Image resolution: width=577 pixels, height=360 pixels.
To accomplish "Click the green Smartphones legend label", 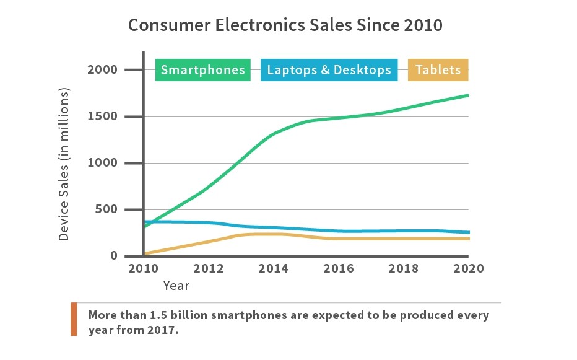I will click(x=202, y=69).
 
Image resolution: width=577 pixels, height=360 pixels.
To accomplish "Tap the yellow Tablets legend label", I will click(x=438, y=69).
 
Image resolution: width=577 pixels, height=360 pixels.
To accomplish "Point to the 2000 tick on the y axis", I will click(x=103, y=70).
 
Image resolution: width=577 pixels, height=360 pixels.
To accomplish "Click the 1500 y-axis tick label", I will click(x=103, y=116).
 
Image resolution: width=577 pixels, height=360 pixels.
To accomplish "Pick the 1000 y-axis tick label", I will click(x=103, y=163).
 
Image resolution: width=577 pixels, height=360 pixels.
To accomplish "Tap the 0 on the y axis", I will click(x=114, y=256).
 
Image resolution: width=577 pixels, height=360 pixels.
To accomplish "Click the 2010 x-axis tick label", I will click(x=143, y=269).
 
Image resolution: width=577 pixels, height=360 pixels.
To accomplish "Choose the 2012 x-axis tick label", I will click(x=208, y=269).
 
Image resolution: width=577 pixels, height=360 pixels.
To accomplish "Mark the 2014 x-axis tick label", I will click(x=273, y=269).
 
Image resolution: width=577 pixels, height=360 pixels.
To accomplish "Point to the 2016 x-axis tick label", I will click(x=338, y=269).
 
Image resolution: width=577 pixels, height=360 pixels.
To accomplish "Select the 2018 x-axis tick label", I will click(x=403, y=269).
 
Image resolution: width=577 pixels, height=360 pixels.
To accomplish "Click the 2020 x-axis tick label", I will click(x=468, y=269).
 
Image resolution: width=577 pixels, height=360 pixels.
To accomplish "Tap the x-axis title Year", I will click(x=176, y=286).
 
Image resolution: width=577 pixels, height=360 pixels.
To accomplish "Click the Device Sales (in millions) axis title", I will click(x=64, y=164).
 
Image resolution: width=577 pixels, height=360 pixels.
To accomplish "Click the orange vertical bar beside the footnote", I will click(x=74, y=319).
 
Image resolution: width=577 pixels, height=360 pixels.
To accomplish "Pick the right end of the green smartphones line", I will click(x=467, y=95).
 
